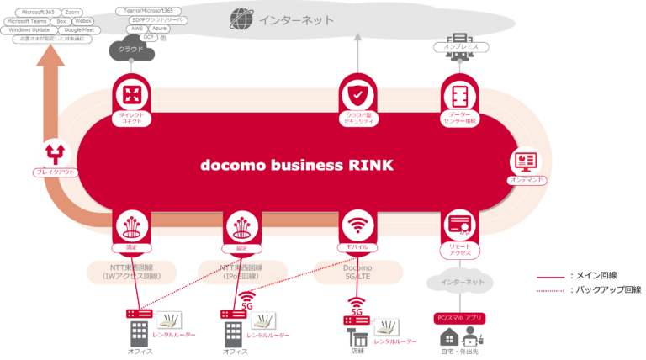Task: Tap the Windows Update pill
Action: [x=29, y=29]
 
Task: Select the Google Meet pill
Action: [x=78, y=29]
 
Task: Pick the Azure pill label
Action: [x=160, y=28]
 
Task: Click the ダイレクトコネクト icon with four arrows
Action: [x=133, y=93]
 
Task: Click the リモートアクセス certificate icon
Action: [x=459, y=225]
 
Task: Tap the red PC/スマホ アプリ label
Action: [x=460, y=319]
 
